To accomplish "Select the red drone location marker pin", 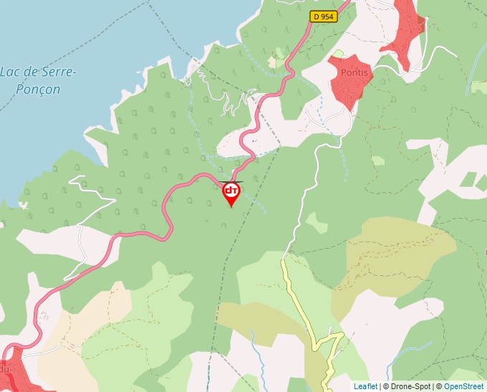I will click(231, 192).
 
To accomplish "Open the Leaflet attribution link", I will click(365, 386).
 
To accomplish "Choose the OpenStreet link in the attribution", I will click(463, 386).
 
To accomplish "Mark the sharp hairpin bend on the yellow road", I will click(332, 335).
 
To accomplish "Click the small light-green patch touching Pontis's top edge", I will click(339, 54).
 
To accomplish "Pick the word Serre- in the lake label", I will click(57, 72).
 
